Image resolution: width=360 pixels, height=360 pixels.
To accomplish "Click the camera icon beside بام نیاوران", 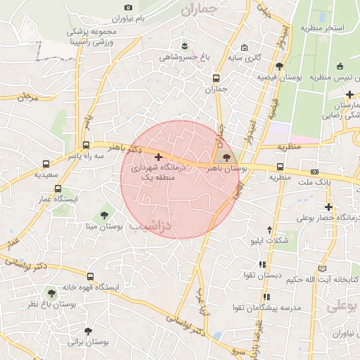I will click(127, 7).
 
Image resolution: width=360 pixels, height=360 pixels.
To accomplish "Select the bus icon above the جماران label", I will click(216, 78).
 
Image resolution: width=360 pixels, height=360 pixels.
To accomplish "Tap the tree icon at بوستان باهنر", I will click(225, 157).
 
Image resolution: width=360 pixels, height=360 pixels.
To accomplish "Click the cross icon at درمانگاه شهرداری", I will click(157, 156).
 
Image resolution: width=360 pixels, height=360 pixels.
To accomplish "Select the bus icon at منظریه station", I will click(280, 167).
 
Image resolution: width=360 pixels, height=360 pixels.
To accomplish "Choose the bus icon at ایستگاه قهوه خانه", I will click(89, 276).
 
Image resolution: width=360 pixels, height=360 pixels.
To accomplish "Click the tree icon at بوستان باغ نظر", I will click(51, 292).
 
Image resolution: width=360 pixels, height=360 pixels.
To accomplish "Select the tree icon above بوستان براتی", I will click(87, 330).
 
